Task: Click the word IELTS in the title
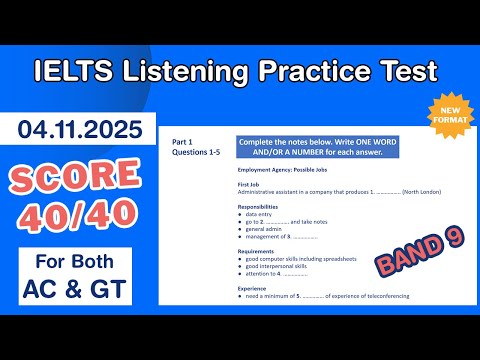point(78,71)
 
